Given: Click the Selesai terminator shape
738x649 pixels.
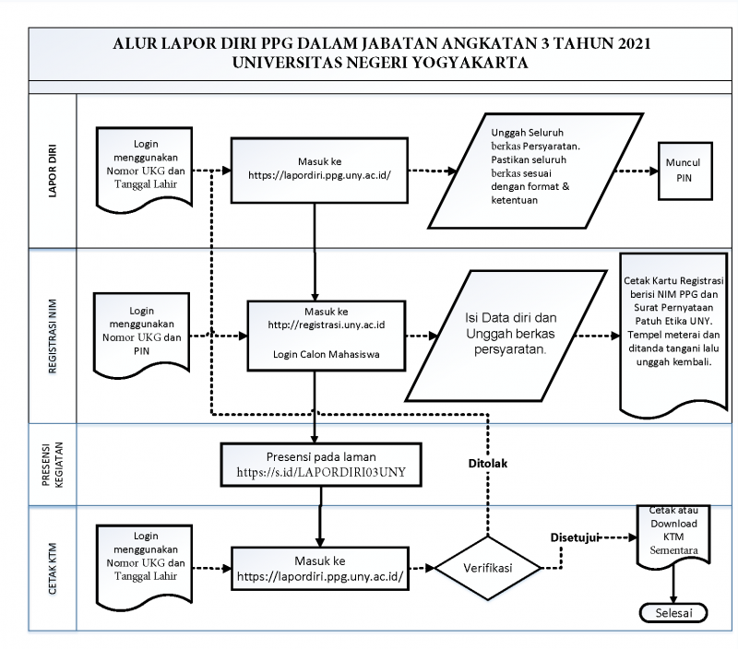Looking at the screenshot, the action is [x=673, y=613].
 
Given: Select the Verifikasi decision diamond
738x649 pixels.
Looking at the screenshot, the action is [x=488, y=568].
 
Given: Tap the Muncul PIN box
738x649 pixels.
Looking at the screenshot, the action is [x=684, y=171].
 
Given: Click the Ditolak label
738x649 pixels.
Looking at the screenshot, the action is [x=488, y=464].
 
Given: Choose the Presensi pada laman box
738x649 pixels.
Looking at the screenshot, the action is [x=321, y=465].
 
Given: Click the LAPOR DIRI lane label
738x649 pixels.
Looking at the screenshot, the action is [x=53, y=171].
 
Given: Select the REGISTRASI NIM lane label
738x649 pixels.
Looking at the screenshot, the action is [x=53, y=336].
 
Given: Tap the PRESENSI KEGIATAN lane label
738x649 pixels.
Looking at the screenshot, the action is [x=53, y=465].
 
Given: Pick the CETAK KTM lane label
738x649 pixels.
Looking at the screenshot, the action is [x=53, y=569].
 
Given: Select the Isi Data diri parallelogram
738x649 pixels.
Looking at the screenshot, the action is [x=506, y=336].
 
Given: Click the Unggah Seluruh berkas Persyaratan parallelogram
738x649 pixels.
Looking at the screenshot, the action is [x=536, y=171].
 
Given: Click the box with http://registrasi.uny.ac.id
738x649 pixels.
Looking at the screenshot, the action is [x=327, y=336].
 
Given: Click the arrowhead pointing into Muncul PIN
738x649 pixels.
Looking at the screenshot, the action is [x=654, y=171].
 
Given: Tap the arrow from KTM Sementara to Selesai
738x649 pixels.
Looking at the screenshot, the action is [x=673, y=584].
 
